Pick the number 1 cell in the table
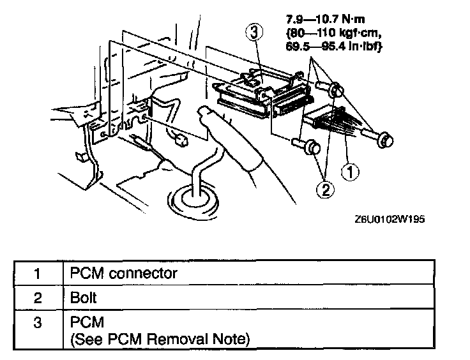click(38, 274)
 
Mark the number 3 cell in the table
click(38, 323)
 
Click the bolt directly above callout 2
click(310, 147)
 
